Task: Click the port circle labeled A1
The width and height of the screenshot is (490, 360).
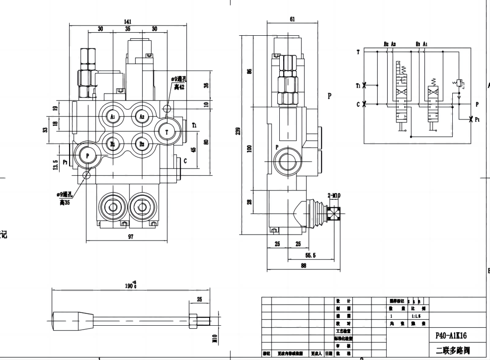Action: pos(113,117)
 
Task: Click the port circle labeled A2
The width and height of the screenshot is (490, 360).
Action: pos(142,117)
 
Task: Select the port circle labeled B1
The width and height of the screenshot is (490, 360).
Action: pos(113,144)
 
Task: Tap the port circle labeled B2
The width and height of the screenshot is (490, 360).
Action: pos(142,144)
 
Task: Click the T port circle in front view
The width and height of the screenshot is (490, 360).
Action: pos(168,132)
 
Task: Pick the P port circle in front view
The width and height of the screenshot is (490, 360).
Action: pos(88,155)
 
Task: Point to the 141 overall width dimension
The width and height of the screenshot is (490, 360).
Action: pos(127,22)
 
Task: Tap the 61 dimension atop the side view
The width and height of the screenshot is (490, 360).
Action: pos(292,19)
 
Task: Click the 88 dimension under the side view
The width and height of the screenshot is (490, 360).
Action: pos(303,266)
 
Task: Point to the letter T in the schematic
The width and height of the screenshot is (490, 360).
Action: pos(358,51)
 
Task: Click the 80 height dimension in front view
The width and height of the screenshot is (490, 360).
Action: pos(206,142)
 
